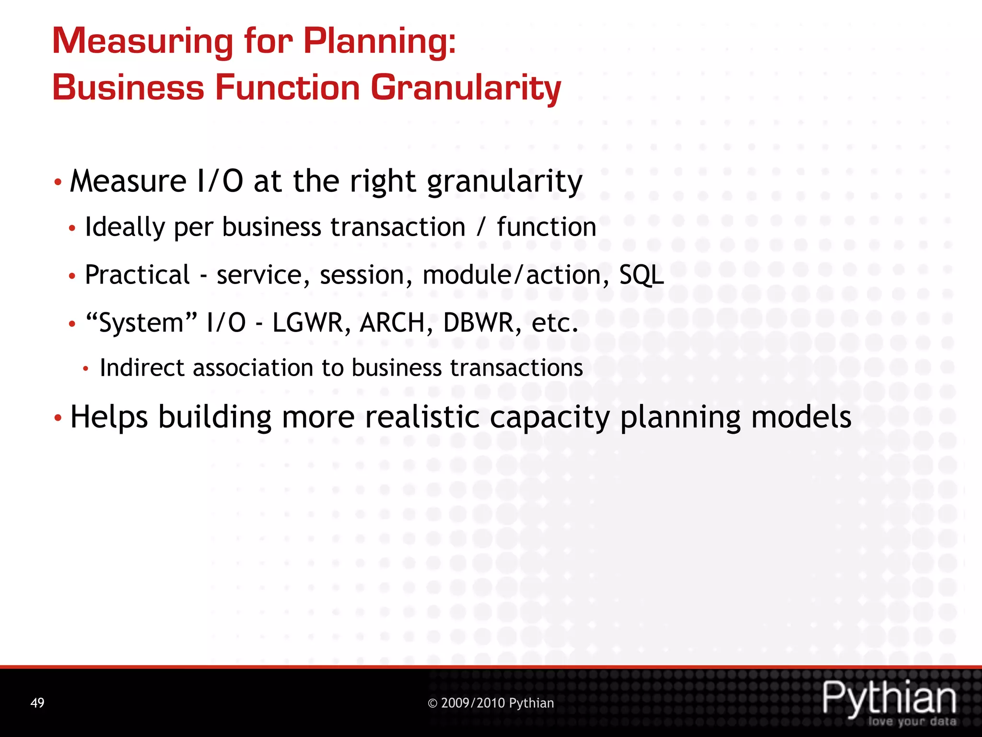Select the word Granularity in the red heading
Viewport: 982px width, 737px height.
465,88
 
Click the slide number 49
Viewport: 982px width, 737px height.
37,703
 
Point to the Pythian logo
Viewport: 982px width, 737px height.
889,701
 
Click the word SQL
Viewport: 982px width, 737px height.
641,275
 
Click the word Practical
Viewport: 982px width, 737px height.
137,275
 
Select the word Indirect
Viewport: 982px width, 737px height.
142,368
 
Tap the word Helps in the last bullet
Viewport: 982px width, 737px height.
109,417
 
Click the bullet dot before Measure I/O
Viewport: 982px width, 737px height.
58,182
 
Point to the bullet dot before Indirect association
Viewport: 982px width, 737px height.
86,369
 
